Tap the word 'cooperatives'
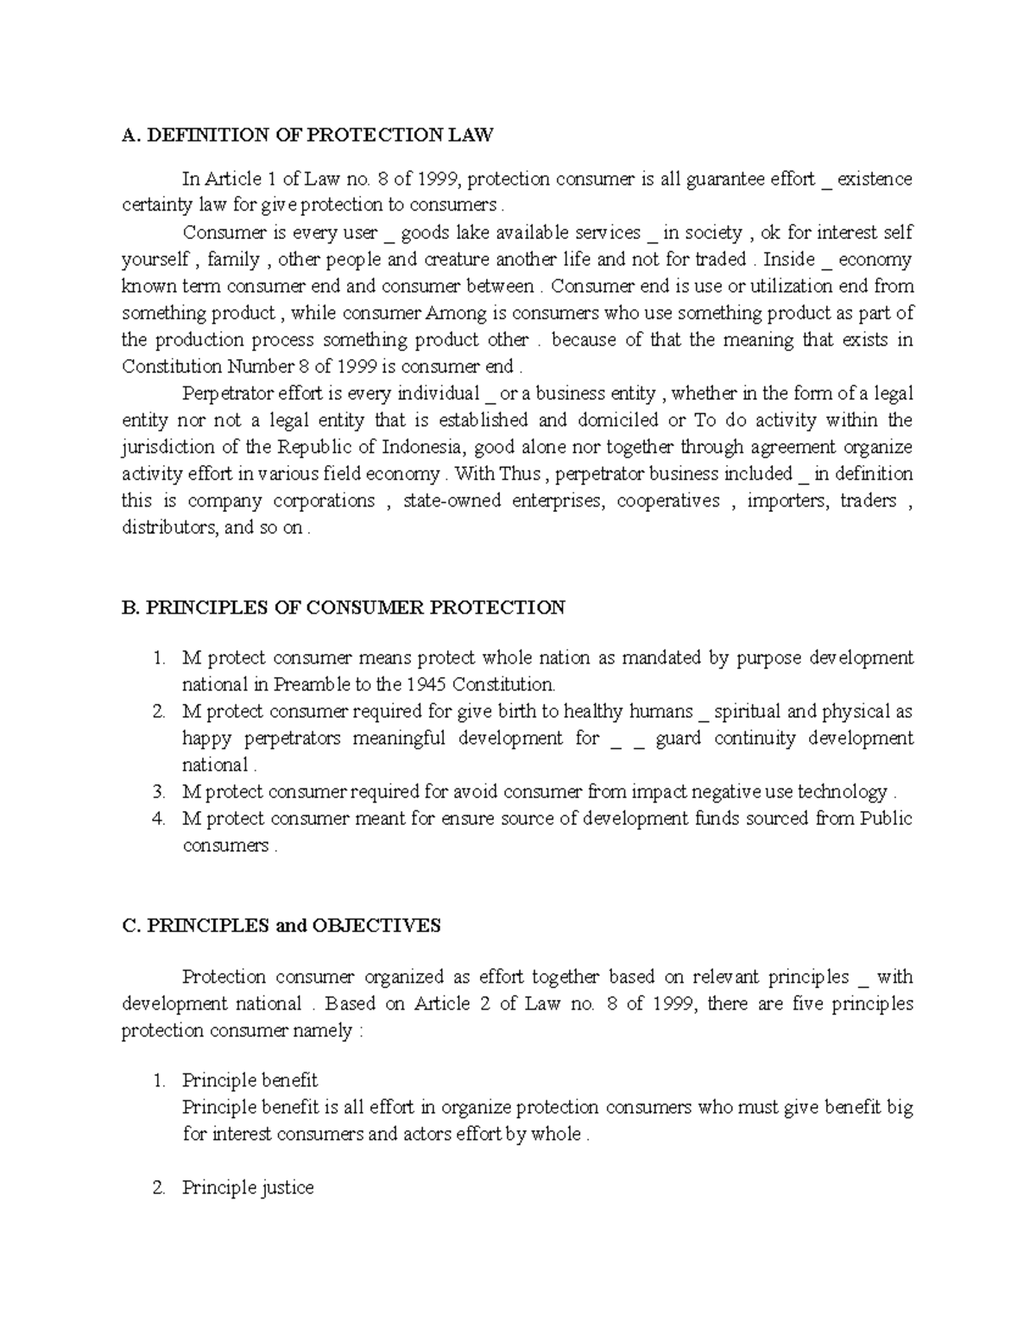coord(668,500)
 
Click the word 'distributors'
coord(169,527)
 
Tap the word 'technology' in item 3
coord(843,791)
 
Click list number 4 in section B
coord(158,818)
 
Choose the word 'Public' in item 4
coord(887,818)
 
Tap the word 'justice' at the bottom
coord(287,1187)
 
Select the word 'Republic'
coord(316,447)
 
